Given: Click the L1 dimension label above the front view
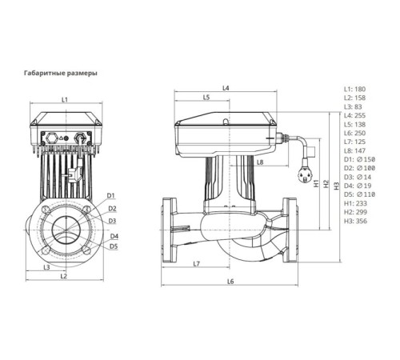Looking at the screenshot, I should (66, 100).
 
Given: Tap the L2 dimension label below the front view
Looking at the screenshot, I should (65, 276).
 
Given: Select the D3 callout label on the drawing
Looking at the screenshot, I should (112, 220).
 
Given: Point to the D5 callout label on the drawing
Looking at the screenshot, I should (114, 246).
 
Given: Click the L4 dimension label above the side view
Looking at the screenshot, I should (226, 87).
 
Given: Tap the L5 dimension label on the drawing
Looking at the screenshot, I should (206, 98).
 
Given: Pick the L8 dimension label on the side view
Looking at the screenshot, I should (260, 162).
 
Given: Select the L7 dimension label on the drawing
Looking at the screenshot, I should (197, 263).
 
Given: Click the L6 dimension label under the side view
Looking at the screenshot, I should (230, 281).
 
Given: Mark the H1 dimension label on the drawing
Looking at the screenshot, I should (315, 183).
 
